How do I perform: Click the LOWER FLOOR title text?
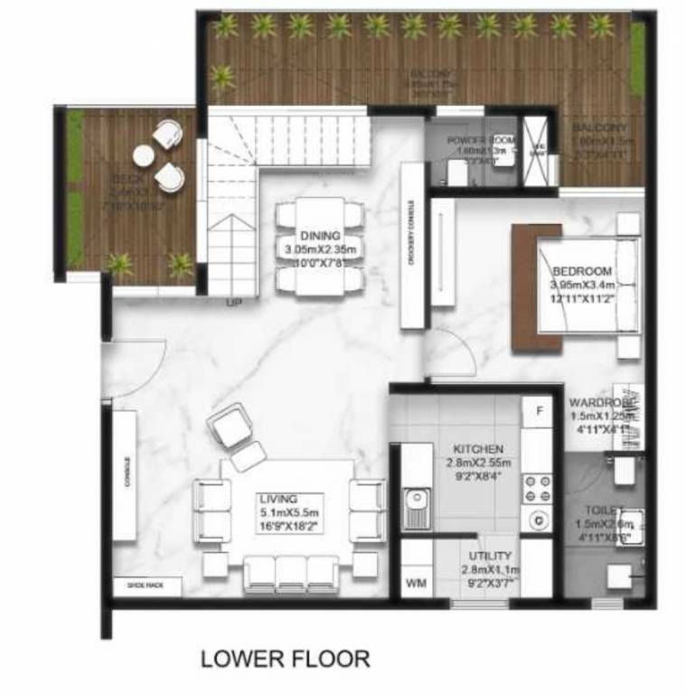(x=285, y=658)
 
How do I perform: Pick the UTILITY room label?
(x=491, y=555)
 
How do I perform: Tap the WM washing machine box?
(x=416, y=584)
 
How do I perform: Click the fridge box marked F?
(x=539, y=411)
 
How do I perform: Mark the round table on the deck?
(x=145, y=156)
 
